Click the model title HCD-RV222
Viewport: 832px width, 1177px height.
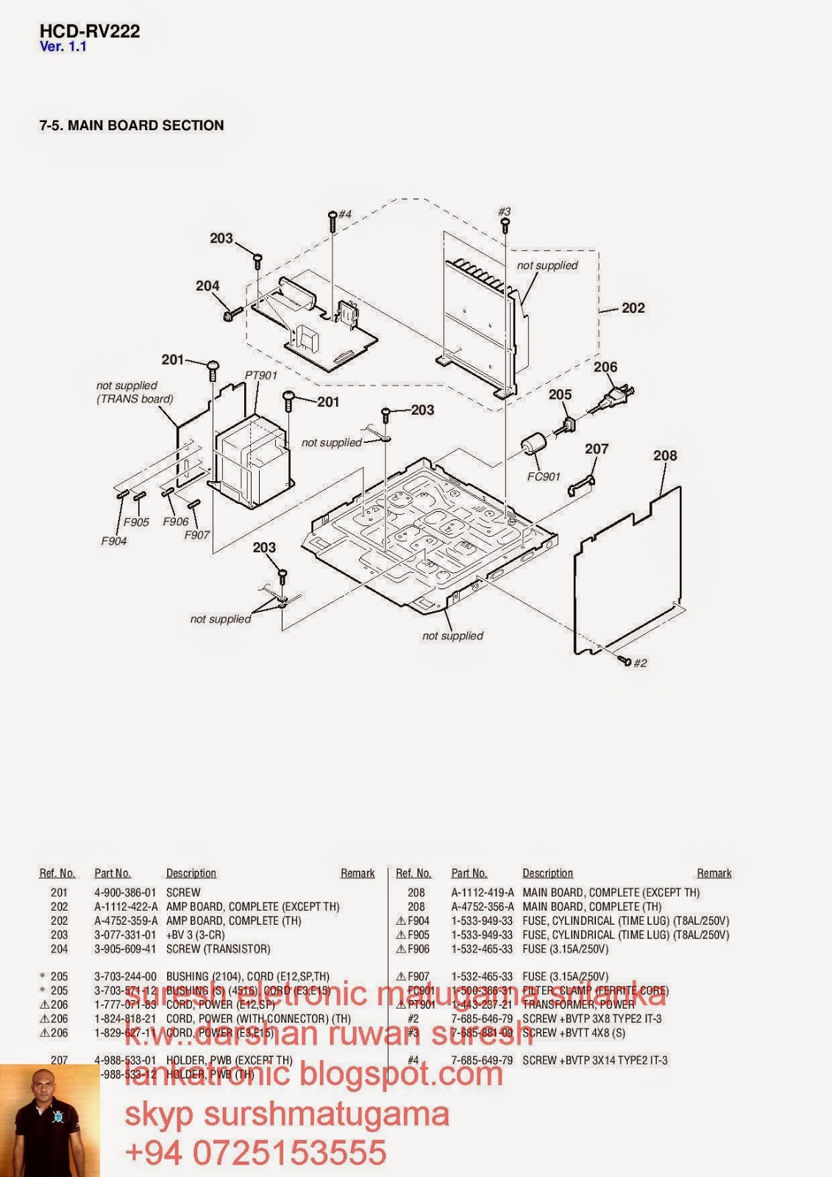(89, 31)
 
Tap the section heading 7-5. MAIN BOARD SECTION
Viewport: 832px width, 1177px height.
(132, 126)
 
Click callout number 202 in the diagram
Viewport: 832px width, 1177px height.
(633, 308)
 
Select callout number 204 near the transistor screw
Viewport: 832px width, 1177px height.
(207, 286)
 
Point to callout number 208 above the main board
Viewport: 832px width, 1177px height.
(665, 456)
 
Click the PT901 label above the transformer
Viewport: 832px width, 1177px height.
(261, 375)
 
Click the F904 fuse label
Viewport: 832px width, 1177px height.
(114, 541)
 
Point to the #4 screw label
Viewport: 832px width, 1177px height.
(345, 214)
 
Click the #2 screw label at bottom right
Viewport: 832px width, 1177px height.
(640, 663)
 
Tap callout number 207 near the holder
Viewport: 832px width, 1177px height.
(597, 449)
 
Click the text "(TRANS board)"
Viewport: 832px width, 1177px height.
(135, 399)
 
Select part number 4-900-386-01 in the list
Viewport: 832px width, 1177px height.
(125, 892)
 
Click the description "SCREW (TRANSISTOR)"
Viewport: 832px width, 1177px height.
(218, 949)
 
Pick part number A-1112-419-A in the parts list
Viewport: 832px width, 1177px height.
(483, 892)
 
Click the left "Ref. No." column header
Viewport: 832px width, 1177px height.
(57, 873)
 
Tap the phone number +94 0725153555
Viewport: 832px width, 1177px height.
(256, 1152)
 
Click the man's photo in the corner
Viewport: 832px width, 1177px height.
(49, 1120)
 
